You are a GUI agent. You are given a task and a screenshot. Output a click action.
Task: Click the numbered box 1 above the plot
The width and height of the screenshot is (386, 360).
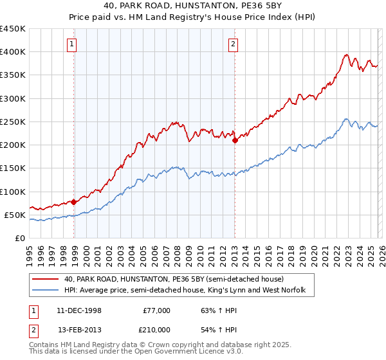coord(71,44)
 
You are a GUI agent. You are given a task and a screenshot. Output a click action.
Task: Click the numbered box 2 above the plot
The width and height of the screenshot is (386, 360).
coord(233,44)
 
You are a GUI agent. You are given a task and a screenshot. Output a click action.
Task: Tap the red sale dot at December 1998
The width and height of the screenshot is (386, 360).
coord(74,202)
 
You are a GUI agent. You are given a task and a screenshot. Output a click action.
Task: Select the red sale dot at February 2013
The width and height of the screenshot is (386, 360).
coord(235,140)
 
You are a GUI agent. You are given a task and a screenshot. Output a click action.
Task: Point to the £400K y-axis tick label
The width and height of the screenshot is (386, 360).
coord(13,52)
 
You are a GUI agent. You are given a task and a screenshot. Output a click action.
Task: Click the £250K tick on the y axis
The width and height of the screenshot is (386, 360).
coord(13,122)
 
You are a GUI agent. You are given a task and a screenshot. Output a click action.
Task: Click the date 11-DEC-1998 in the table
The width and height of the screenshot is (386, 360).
coord(79,310)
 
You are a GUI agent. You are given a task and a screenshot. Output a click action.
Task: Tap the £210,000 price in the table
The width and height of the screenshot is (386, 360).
coord(156,329)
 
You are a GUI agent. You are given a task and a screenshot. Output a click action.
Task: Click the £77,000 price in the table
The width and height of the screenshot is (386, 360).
coord(156,310)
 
